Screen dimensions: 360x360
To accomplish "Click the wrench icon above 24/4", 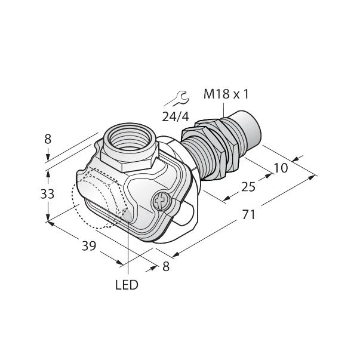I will [176, 97].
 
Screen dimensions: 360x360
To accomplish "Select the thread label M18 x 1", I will [227, 94].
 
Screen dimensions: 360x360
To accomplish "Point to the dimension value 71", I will [248, 214].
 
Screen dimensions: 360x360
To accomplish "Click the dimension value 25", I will [248, 187].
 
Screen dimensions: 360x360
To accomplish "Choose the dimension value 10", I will [280, 168].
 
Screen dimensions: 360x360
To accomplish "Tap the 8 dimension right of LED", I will [166, 267].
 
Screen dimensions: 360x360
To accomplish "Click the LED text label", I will [126, 285].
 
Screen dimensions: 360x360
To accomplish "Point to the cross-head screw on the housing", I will [161, 202].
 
